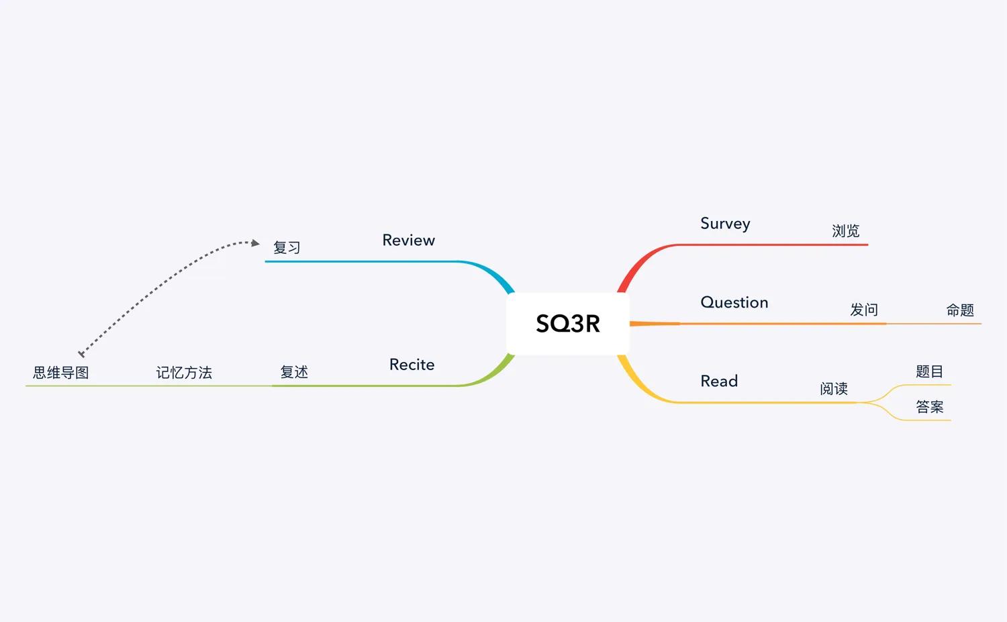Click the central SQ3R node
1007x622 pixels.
pos(568,323)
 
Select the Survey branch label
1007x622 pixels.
pos(725,224)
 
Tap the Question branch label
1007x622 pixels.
pos(734,302)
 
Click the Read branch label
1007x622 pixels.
pos(719,381)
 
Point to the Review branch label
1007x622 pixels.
pos(408,240)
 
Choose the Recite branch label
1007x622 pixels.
pos(412,364)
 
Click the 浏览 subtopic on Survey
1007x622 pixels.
pos(845,230)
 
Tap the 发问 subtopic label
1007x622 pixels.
pos(863,310)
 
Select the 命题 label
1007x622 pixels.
pos(960,310)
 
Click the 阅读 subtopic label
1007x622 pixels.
pos(834,388)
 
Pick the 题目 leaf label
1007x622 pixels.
pos(929,371)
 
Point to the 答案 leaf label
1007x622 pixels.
pos(929,406)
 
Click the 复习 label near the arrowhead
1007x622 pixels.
pos(287,247)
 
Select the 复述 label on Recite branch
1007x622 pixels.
pos(294,372)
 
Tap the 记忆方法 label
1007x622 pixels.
pos(184,372)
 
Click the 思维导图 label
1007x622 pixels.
pos(60,372)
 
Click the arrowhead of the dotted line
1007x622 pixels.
pos(255,243)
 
